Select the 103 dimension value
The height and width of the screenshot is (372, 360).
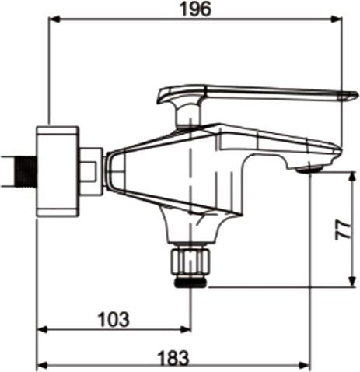114,319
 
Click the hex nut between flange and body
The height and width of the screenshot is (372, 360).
91,169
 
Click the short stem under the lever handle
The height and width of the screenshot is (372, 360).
187,116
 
